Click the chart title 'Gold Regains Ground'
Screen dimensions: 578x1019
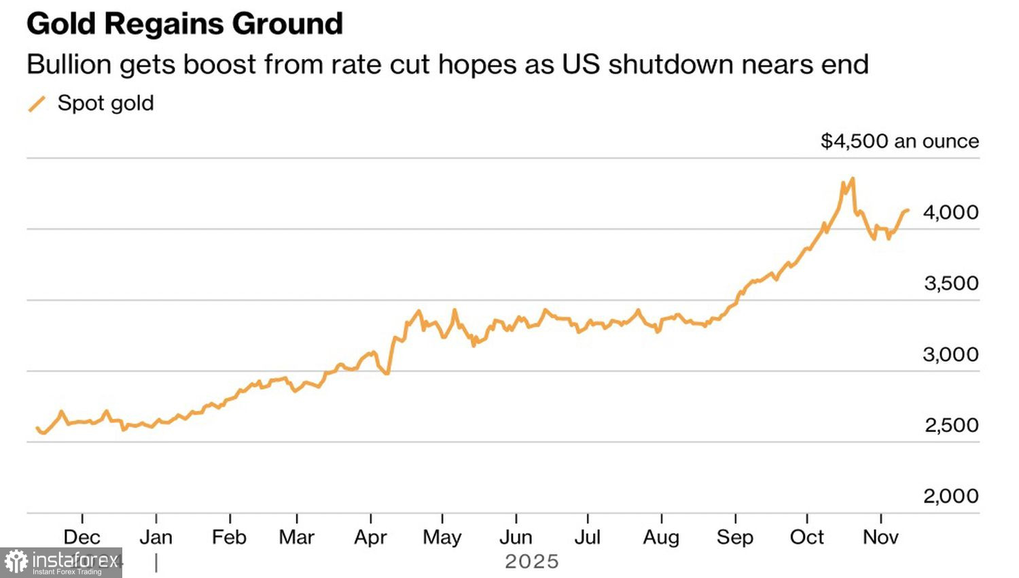185,24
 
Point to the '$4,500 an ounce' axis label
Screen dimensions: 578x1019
899,141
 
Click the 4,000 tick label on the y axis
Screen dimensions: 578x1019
950,213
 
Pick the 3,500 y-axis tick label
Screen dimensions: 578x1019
951,284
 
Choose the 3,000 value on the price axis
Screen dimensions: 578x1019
950,355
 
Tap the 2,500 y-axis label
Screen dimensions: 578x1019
951,426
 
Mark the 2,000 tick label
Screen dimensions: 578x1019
950,496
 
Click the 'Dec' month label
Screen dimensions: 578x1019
82,537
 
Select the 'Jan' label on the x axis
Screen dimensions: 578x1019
156,537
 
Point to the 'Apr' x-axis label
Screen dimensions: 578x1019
370,537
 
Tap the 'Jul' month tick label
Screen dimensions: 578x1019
588,537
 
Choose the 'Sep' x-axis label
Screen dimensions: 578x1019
735,537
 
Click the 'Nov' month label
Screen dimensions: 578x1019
880,537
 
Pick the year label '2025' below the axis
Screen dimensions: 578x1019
531,562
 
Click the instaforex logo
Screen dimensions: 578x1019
61,562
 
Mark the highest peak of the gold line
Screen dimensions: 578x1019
853,179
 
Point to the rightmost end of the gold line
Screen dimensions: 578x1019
908,210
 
